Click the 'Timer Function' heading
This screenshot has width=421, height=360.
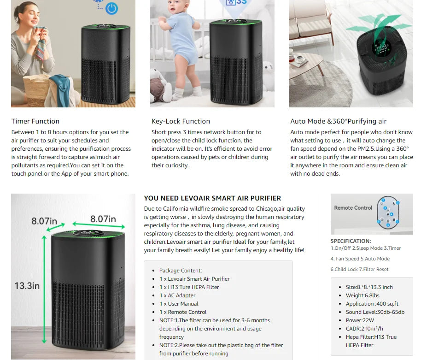[35, 121]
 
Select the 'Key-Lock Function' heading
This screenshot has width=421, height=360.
[181, 121]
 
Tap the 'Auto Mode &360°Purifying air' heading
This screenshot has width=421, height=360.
[338, 121]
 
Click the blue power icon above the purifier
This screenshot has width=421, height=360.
[111, 8]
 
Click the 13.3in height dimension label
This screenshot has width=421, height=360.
[27, 286]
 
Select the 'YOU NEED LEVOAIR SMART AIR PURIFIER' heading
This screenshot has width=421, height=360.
[212, 198]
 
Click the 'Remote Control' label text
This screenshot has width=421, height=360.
[353, 208]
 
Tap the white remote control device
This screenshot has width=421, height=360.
[388, 212]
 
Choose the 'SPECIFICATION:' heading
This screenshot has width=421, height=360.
[351, 241]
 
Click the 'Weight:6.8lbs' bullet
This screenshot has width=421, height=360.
[363, 295]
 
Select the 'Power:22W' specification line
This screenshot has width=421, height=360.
[360, 320]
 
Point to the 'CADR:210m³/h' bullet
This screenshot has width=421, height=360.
[364, 329]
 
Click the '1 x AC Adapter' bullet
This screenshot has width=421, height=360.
[177, 295]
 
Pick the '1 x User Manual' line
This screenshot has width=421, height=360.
[179, 304]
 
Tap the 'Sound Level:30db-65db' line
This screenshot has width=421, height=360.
[375, 312]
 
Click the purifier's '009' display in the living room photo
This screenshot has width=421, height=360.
[381, 48]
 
